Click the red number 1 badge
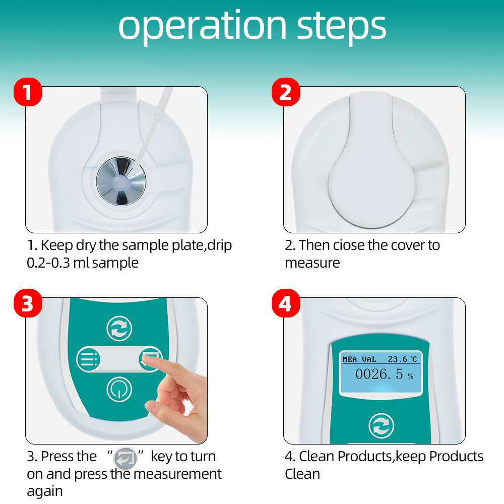click(28, 92)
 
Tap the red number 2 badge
click(286, 92)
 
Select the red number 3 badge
click(28, 303)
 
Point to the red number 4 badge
click(286, 303)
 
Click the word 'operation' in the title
click(203, 27)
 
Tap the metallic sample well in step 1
click(121, 181)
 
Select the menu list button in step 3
click(88, 359)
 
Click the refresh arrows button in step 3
click(119, 329)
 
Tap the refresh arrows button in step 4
click(381, 426)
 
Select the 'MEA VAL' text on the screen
click(359, 359)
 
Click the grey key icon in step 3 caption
click(125, 458)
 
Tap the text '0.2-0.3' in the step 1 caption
click(48, 263)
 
